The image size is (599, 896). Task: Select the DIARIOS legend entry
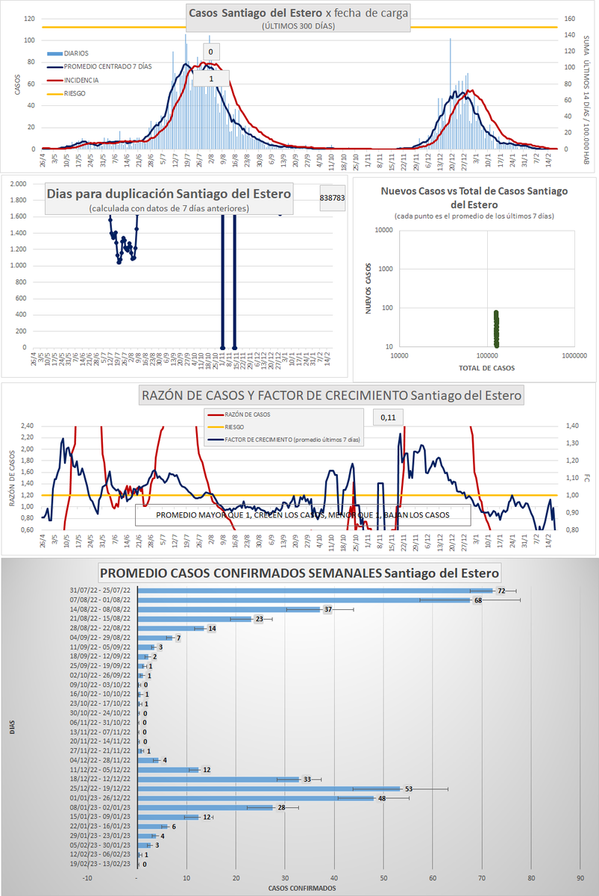[x=76, y=54]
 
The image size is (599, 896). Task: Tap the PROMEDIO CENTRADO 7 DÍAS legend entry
[x=107, y=67]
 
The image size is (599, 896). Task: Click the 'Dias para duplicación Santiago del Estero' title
[x=169, y=193]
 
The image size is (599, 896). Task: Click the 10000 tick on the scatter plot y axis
[x=385, y=231]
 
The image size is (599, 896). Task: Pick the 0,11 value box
[x=387, y=417]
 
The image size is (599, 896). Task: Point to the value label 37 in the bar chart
[x=327, y=609]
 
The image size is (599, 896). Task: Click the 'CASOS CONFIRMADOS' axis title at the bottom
[x=301, y=889]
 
